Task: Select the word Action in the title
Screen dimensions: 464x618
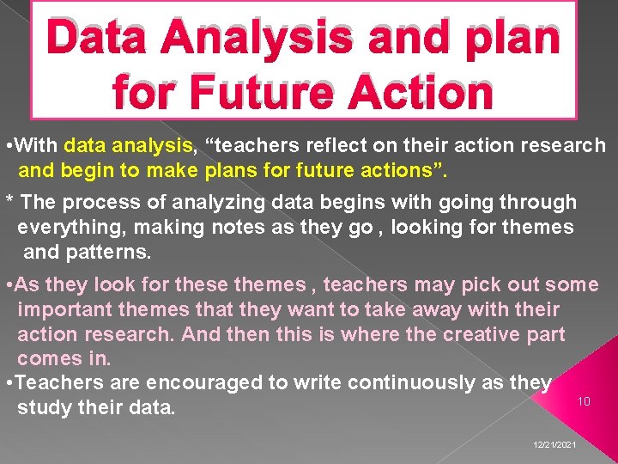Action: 415,92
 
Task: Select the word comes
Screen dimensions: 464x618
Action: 49,357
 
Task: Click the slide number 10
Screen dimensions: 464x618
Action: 584,401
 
